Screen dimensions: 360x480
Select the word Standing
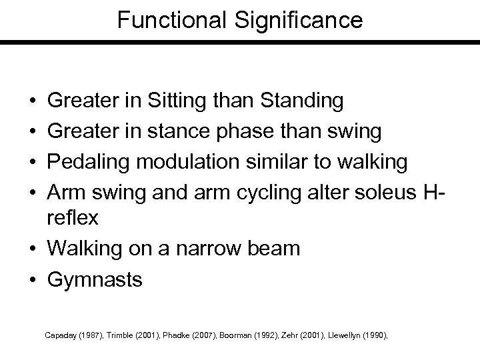pos(303,102)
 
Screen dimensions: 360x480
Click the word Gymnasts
pos(95,279)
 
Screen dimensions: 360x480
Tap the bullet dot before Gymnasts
pos(33,279)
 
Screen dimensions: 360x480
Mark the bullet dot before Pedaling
pos(33,161)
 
